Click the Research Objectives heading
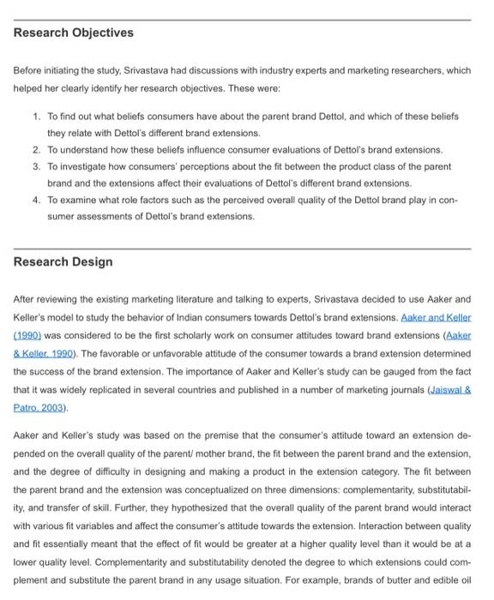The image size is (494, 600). coord(74,33)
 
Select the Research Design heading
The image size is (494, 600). coord(63,261)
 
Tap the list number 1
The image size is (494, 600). coord(36,116)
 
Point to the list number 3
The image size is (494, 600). coord(36,165)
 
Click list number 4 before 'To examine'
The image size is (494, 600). coord(36,199)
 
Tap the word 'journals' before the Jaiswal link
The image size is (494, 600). coord(399,390)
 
